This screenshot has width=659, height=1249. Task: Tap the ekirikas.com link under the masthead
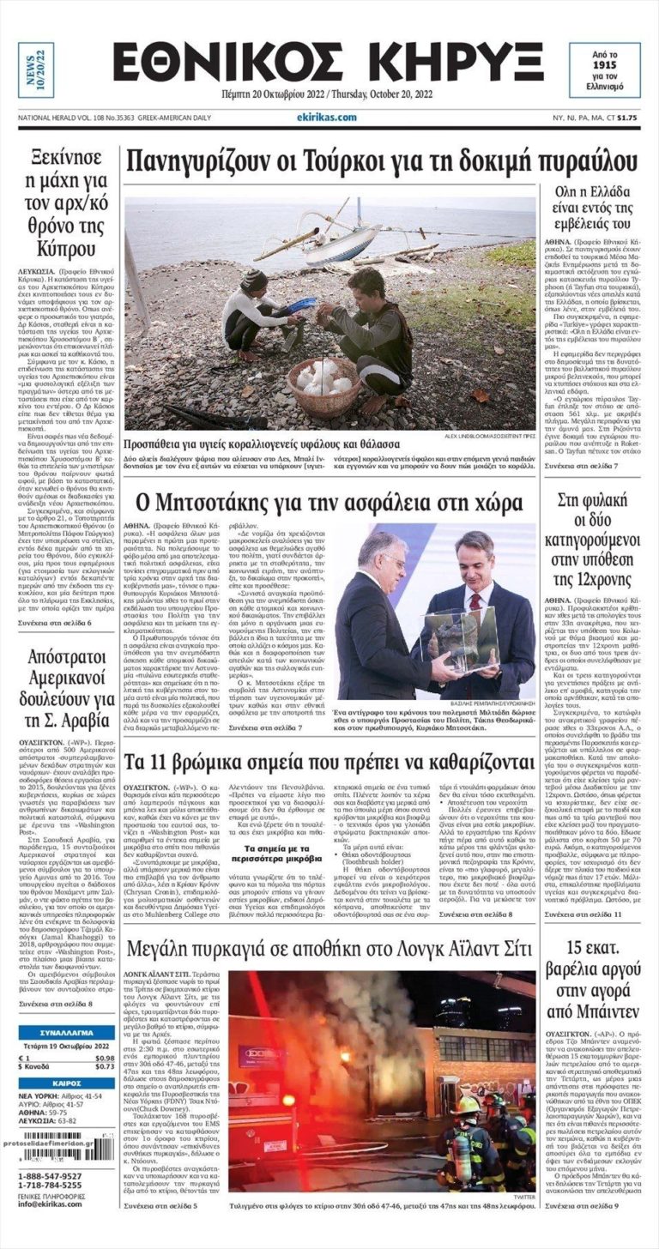(x=327, y=117)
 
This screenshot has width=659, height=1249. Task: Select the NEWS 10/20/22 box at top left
(x=36, y=70)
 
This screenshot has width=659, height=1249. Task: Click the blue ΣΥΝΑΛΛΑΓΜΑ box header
(x=66, y=1032)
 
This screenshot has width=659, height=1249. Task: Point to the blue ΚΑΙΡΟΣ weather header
(x=66, y=1083)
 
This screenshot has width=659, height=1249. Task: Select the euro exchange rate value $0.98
(x=105, y=1058)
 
